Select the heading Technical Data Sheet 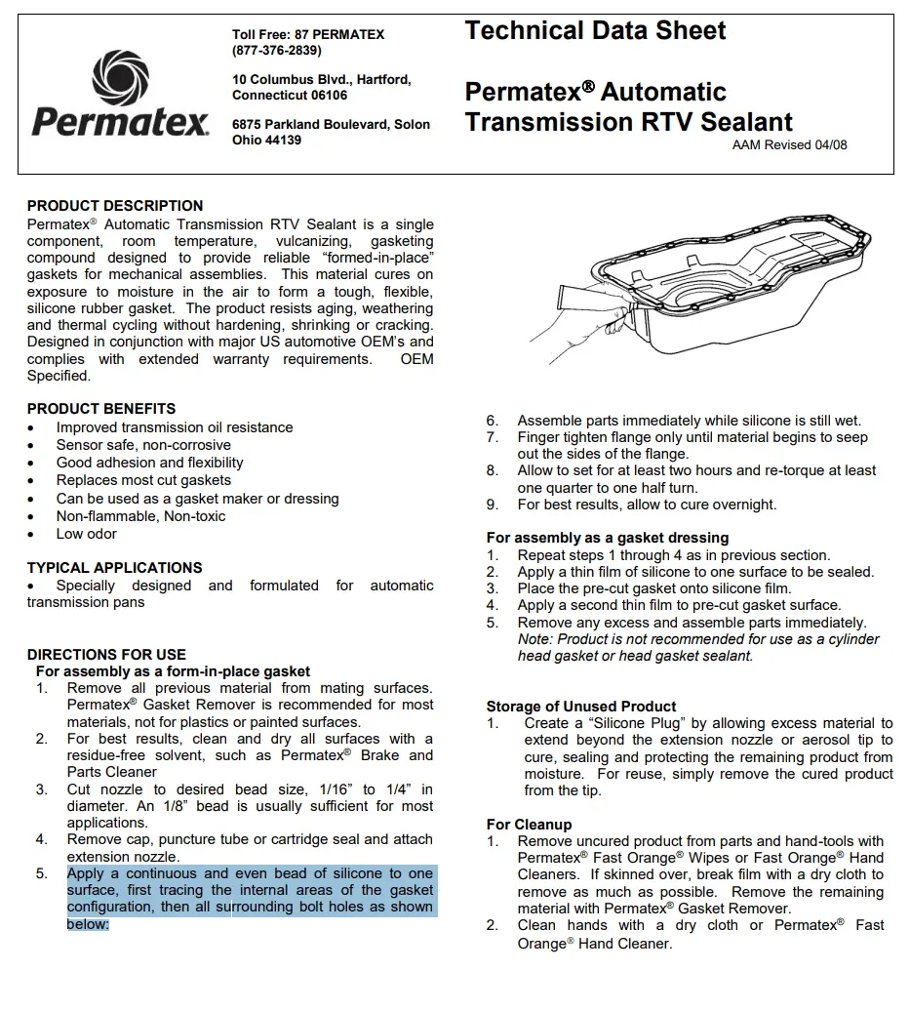pos(595,31)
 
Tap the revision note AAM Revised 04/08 pos(789,145)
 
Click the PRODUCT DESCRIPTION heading pos(115,206)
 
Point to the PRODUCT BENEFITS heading pos(101,409)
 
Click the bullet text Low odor pos(86,534)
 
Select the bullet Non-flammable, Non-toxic pos(140,516)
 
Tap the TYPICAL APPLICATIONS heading pos(115,568)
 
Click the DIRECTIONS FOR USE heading pos(106,655)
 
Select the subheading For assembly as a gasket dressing pos(608,538)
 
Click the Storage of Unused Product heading pos(581,707)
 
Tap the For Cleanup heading pos(529,825)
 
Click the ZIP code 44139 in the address pos(282,141)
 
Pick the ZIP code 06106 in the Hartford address pos(329,96)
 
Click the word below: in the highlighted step pos(88,924)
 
